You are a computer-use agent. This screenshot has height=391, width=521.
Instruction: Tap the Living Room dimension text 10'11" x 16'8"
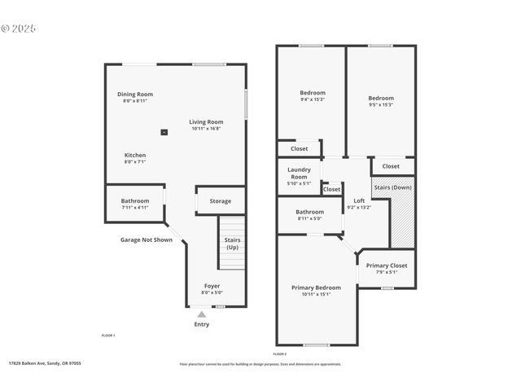click(x=206, y=129)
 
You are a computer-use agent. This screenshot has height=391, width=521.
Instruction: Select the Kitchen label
click(x=135, y=155)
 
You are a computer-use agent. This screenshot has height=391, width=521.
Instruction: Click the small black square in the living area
click(x=164, y=131)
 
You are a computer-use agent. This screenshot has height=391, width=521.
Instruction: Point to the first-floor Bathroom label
click(x=135, y=200)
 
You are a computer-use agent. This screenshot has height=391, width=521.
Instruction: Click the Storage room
click(x=220, y=201)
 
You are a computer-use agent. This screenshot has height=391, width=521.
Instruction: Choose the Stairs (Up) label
click(x=232, y=243)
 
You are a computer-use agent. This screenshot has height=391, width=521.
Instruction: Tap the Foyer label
click(x=212, y=286)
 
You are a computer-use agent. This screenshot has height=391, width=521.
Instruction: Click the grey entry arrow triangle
click(x=201, y=314)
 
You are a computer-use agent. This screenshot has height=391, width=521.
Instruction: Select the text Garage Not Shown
click(x=147, y=239)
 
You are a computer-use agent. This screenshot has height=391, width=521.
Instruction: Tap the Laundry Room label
click(x=300, y=174)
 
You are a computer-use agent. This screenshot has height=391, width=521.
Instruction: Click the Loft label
click(x=358, y=200)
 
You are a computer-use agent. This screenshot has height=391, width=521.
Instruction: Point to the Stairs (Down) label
click(x=393, y=187)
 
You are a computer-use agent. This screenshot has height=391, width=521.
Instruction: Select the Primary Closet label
click(x=386, y=266)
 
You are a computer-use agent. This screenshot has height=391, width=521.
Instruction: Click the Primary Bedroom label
click(x=316, y=288)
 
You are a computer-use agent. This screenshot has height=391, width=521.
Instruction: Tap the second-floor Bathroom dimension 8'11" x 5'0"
click(x=309, y=218)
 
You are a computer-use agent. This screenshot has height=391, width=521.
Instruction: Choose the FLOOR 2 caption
click(x=280, y=354)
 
